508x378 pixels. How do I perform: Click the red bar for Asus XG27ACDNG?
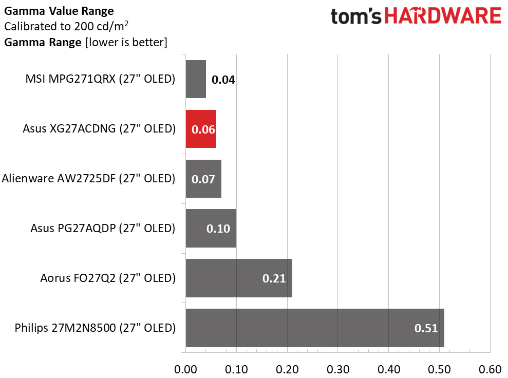(201, 129)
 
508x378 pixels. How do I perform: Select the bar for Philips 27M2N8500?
(315, 328)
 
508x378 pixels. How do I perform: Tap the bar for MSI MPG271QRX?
(196, 79)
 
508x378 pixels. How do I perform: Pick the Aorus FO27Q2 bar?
(239, 278)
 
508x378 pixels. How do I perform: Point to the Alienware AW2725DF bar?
(203, 179)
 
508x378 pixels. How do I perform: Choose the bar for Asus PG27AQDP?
(211, 229)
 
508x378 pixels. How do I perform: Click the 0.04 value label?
(223, 80)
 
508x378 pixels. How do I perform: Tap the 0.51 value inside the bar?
(426, 328)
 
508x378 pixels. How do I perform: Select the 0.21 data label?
(274, 278)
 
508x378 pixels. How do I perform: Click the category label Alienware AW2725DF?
(88, 179)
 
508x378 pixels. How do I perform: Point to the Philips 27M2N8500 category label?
(95, 328)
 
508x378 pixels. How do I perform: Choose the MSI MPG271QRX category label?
(101, 79)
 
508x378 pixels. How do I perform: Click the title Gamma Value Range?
(59, 11)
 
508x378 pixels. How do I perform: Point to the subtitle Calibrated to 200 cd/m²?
(66, 26)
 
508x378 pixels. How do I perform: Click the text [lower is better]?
(126, 43)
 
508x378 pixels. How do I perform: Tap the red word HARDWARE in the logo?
(443, 16)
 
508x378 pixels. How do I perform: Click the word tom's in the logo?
(356, 16)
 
